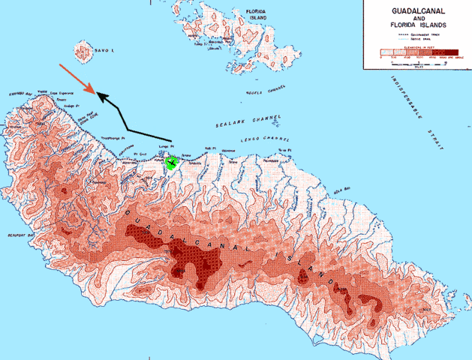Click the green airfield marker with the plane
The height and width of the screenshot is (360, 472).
[173, 163]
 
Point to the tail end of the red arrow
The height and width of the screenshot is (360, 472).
[60, 64]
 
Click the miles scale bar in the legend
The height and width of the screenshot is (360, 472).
[416, 64]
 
